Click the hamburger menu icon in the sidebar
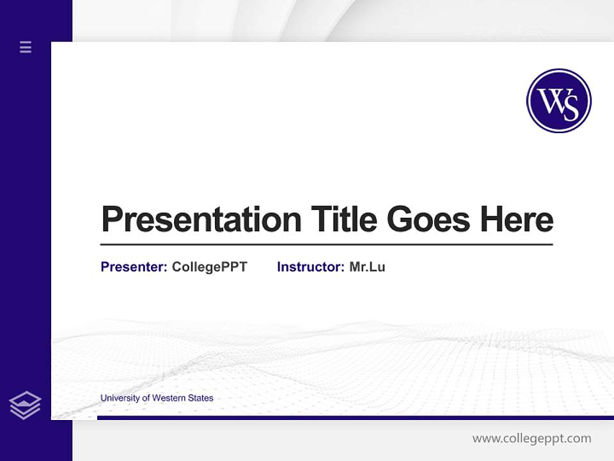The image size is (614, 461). (x=26, y=47)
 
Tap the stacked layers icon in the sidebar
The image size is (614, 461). (x=25, y=405)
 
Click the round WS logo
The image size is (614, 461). (x=558, y=101)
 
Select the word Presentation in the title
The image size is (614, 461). (x=201, y=220)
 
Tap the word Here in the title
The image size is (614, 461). (x=517, y=220)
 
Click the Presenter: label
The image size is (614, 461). (x=134, y=267)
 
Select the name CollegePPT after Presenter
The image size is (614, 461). (x=209, y=267)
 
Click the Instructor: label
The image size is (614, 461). (x=310, y=267)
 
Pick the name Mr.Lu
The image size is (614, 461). (x=367, y=267)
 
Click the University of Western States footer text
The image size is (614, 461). (x=157, y=398)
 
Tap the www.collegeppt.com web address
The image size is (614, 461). (x=531, y=439)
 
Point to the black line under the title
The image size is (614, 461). (x=326, y=244)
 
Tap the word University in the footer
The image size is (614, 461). (x=120, y=398)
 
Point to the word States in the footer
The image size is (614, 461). (x=201, y=398)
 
